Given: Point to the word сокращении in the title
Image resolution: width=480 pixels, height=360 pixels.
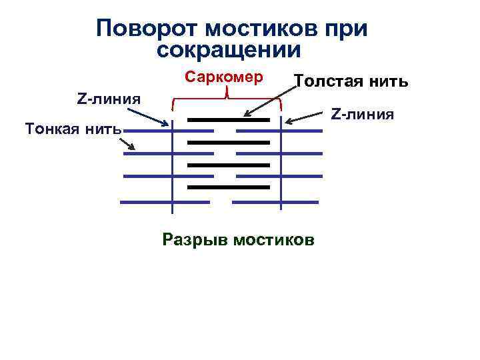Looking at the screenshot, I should (x=230, y=50).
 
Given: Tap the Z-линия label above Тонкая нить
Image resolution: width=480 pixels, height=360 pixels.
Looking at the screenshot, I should (x=109, y=99).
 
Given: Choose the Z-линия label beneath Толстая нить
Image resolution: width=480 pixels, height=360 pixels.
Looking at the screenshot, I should (x=363, y=114).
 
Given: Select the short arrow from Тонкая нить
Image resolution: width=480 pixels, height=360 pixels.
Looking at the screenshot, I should (x=129, y=142).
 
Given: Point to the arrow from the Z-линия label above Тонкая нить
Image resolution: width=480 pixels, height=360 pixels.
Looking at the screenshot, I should (x=154, y=116).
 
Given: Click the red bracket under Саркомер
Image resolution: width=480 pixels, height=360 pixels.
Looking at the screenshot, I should (x=227, y=101).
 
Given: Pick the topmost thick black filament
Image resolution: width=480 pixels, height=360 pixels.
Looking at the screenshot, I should (x=228, y=120).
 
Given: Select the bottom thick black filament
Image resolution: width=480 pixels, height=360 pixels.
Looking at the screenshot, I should (x=228, y=187).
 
